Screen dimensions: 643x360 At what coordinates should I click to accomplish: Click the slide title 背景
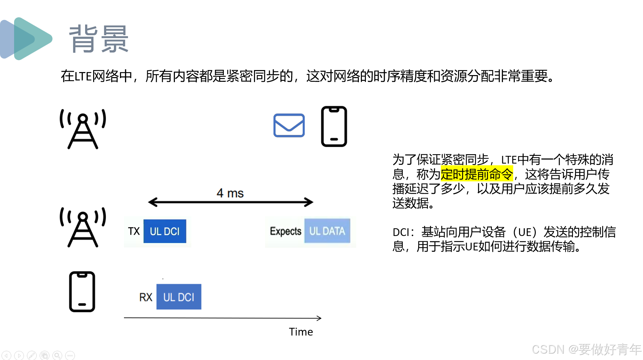[x=99, y=39]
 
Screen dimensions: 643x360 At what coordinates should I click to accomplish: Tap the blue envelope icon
[x=289, y=125]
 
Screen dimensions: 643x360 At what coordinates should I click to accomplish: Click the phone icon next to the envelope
[x=334, y=126]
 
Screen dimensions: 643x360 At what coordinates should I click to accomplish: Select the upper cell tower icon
[x=83, y=129]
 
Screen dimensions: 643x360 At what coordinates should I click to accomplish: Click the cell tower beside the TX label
[x=83, y=227]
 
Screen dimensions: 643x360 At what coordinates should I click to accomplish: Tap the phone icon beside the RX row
[x=82, y=292]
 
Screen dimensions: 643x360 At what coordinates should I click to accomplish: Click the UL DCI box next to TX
[x=165, y=231]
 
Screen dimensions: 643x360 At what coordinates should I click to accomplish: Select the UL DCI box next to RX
[x=179, y=297]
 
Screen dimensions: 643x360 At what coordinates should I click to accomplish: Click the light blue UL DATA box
[x=327, y=231]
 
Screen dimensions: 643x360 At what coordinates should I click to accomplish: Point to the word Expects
[x=285, y=231]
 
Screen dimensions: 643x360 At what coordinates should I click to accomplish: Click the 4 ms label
[x=230, y=193]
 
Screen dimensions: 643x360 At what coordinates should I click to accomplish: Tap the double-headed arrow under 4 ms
[x=231, y=202]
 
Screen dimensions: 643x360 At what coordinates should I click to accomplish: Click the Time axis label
[x=301, y=332]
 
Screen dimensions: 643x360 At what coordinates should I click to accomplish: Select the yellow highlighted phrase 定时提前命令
[x=476, y=174]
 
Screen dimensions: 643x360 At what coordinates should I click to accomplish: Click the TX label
[x=134, y=231]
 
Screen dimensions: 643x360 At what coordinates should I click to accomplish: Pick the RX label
[x=146, y=297]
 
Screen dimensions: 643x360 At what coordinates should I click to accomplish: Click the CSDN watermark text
[x=586, y=349]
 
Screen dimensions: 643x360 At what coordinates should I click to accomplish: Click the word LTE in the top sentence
[x=83, y=77]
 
